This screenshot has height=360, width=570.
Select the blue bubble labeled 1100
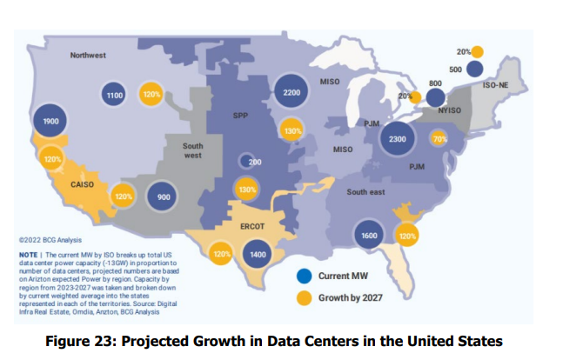pos(112,93)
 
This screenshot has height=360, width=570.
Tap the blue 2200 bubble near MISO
pos(292,92)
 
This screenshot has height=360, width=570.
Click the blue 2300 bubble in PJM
pos(398,139)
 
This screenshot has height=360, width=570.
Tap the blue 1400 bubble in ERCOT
pos(257,255)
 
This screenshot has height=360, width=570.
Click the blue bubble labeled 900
pos(163,197)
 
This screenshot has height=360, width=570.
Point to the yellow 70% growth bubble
pos(439,139)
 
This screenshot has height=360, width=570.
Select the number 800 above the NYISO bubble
pos(435,81)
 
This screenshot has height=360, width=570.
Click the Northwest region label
pos(88,56)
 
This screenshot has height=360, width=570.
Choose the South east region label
pos(365,191)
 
